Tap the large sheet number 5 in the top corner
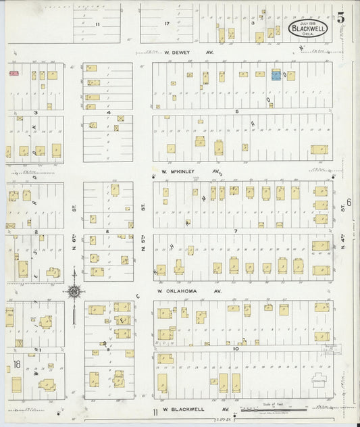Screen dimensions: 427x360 click(342, 18)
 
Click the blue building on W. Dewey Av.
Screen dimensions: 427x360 click(276, 75)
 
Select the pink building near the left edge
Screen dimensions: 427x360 click(13, 72)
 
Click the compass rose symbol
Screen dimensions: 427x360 click(74, 291)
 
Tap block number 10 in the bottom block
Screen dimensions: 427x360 click(237, 349)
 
